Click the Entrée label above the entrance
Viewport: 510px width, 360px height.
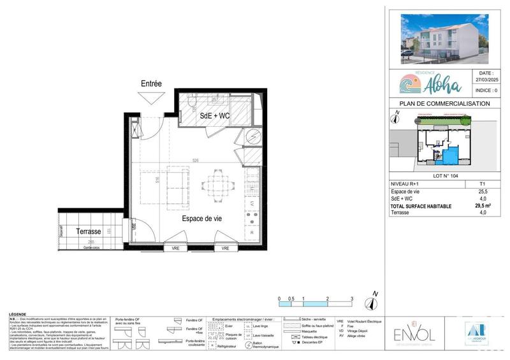tap(151, 83)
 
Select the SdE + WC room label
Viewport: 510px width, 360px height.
tap(214, 116)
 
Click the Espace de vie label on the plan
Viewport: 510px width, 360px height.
tap(201, 218)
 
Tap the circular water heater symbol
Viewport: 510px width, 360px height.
tap(253, 136)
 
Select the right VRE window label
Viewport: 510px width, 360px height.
tap(225, 248)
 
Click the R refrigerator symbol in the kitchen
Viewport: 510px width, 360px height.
tap(252, 234)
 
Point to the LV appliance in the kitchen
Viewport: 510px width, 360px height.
tap(252, 203)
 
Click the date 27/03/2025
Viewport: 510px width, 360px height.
tap(489, 82)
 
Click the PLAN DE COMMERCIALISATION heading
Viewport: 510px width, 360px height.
tap(444, 103)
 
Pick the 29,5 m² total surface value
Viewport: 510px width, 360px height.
tap(483, 206)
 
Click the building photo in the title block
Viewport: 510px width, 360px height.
tap(444, 38)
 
